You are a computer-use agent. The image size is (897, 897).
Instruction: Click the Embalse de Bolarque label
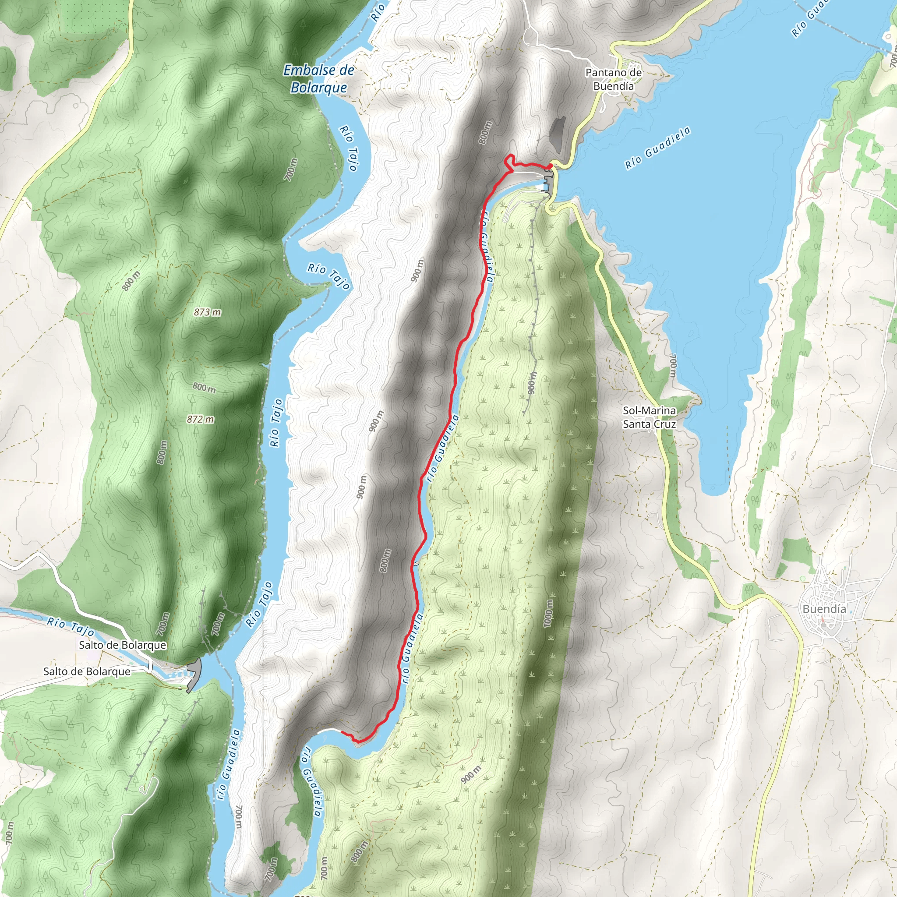(x=318, y=79)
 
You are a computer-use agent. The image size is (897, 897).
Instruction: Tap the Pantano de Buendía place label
(x=613, y=79)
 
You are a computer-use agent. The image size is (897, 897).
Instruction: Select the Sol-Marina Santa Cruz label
(x=649, y=417)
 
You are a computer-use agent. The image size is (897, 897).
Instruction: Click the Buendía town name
(x=824, y=609)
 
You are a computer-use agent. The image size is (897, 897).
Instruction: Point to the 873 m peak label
(x=207, y=312)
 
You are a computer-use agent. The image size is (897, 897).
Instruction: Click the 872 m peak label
(x=201, y=419)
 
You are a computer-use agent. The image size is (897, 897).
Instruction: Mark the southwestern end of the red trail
(x=343, y=732)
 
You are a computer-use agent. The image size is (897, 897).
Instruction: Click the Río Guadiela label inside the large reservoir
(x=657, y=148)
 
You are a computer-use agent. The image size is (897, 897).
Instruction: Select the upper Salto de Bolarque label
(x=122, y=645)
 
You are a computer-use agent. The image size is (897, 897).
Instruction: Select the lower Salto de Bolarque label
(x=87, y=671)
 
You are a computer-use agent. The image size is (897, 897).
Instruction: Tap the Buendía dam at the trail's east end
(x=548, y=179)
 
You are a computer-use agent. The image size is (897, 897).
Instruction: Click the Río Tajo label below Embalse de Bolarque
(x=349, y=148)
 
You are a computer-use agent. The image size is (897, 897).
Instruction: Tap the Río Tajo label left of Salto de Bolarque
(x=71, y=626)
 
